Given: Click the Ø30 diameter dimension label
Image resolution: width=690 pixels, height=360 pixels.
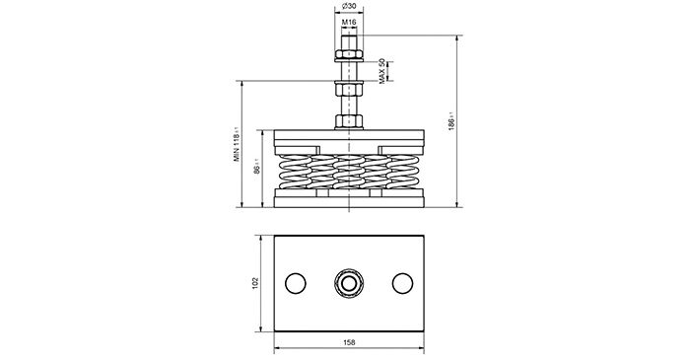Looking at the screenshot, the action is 349,6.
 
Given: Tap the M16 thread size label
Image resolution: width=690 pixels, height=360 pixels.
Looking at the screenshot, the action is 349,22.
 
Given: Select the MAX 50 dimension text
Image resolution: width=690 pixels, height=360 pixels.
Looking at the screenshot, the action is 382,71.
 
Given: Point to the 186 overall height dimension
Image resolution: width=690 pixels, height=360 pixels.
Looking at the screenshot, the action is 451,121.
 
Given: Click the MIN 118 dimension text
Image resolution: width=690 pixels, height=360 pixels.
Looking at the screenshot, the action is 237,144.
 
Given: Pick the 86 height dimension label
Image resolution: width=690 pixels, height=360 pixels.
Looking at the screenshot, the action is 257,168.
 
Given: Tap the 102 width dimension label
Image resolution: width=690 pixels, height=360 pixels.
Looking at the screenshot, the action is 255,283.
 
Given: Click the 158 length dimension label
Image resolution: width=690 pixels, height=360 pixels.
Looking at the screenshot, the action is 349,342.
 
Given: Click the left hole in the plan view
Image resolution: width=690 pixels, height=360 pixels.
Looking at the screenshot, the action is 296,283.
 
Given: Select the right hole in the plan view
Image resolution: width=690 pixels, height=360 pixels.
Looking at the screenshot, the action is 402,283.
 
